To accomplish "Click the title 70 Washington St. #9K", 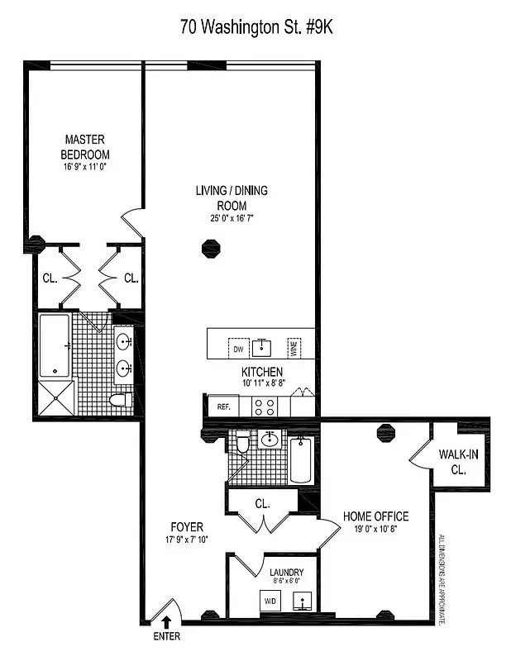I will (x=256, y=27).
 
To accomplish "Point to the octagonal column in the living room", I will (x=211, y=248).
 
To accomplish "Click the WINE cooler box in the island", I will (x=292, y=347).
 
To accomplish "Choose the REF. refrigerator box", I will (x=222, y=407).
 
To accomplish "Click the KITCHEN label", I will (x=261, y=373).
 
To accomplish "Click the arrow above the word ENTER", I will (x=165, y=621).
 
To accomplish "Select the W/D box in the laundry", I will (x=270, y=601).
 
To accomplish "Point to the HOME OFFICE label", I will (x=375, y=517).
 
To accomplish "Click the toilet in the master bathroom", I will (x=122, y=402).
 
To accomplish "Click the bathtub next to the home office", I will (x=301, y=459).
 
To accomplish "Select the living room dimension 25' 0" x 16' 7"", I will (x=231, y=219).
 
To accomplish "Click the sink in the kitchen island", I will (x=264, y=345).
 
